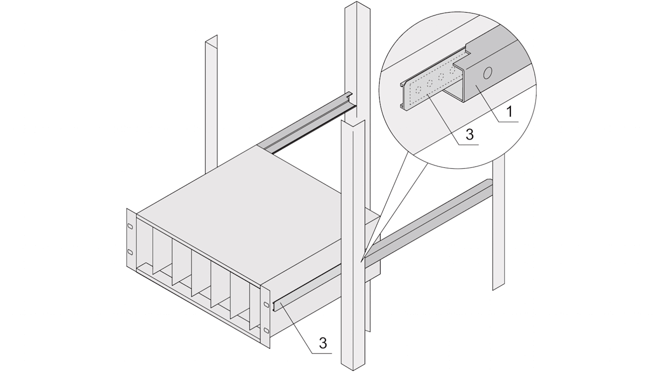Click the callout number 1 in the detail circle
coord(509,112)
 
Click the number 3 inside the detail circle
coord(470,134)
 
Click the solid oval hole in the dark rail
coord(487,73)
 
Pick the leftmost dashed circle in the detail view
coord(418,90)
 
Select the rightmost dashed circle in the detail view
coord(452,70)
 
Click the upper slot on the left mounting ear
coord(129,226)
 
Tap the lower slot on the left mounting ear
coord(129,252)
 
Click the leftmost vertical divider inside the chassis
coord(162,251)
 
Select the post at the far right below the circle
coord(499,225)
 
